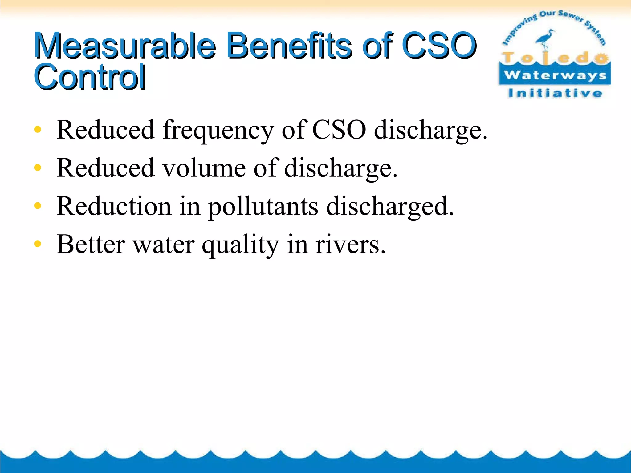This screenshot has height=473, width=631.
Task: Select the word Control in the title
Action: point(90,77)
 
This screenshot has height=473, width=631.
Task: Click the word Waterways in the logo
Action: point(555,75)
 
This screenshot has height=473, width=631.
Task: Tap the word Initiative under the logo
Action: point(555,93)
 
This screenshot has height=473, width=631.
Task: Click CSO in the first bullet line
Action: point(339,130)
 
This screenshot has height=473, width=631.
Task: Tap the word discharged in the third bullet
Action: point(390,206)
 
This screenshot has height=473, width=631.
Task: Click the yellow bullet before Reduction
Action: point(38,206)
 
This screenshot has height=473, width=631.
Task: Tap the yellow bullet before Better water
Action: point(38,244)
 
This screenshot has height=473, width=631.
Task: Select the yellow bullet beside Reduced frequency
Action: point(38,130)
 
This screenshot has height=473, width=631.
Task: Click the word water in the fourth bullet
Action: point(163,245)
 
